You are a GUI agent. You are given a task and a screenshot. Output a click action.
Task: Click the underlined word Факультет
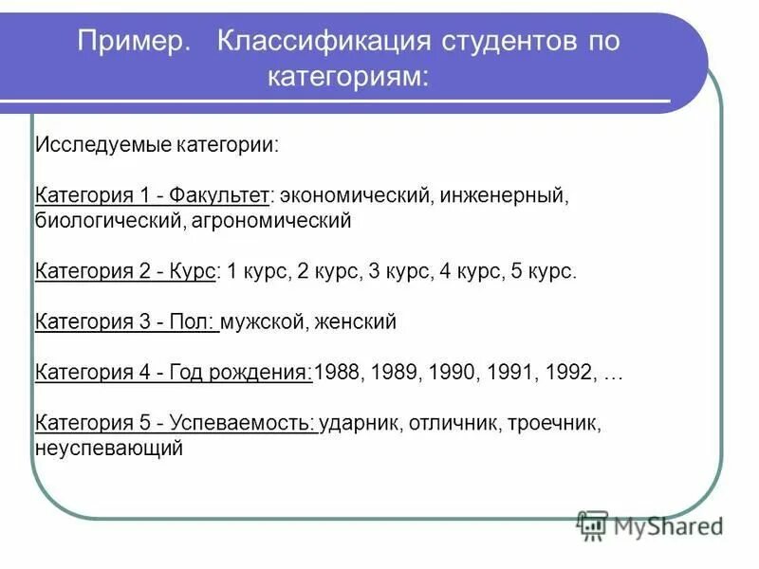[221, 197]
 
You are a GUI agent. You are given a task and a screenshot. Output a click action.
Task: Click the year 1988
[336, 372]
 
